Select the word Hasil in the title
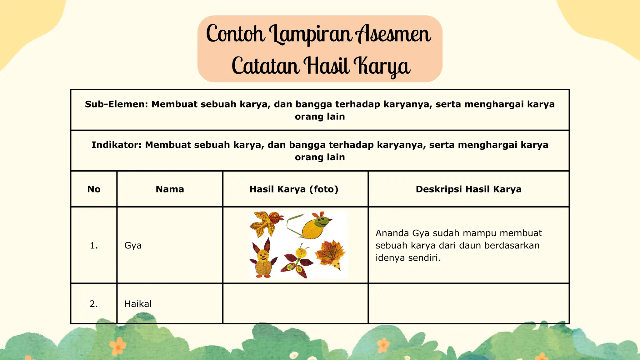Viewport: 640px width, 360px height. tap(327, 66)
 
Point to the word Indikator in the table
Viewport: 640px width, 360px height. tap(116, 145)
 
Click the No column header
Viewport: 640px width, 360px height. tap(94, 189)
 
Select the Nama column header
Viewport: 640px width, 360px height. tap(170, 189)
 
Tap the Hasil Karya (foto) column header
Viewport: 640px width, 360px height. tap(294, 189)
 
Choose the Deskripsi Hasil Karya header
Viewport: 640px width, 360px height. tap(468, 189)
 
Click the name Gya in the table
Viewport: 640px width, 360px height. tap(133, 245)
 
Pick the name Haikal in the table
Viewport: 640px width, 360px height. tap(138, 304)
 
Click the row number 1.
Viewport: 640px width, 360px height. tap(94, 246)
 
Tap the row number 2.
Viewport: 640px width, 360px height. tap(94, 304)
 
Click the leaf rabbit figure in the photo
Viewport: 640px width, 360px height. tap(263, 259)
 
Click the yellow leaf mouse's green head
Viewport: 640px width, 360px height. tap(322, 222)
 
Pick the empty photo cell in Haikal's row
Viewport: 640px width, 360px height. tap(295, 303)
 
